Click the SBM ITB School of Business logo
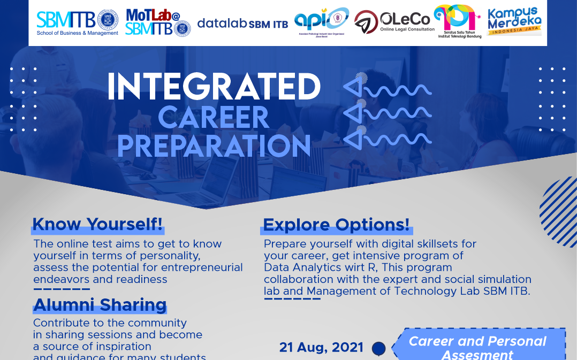(77, 22)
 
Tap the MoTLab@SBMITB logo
(157, 22)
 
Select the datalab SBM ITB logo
(242, 24)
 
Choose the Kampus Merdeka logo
(514, 21)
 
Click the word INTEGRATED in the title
(214, 87)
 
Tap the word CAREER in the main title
(214, 118)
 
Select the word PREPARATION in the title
(214, 145)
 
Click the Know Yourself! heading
(97, 225)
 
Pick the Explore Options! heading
(337, 225)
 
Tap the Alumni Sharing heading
(100, 305)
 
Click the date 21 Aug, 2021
(321, 348)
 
